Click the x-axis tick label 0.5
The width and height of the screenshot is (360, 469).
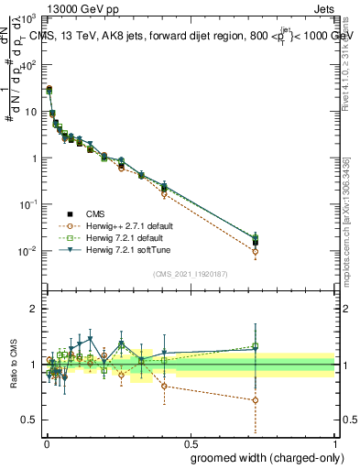tap(190, 442)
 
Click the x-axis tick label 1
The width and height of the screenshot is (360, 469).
tap(334, 442)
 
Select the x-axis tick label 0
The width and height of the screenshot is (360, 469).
tap(44, 442)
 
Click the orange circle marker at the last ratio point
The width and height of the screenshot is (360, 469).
tap(255, 400)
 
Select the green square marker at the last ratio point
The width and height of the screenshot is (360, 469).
tap(255, 346)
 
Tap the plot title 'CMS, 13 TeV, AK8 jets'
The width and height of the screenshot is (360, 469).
tap(101, 37)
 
